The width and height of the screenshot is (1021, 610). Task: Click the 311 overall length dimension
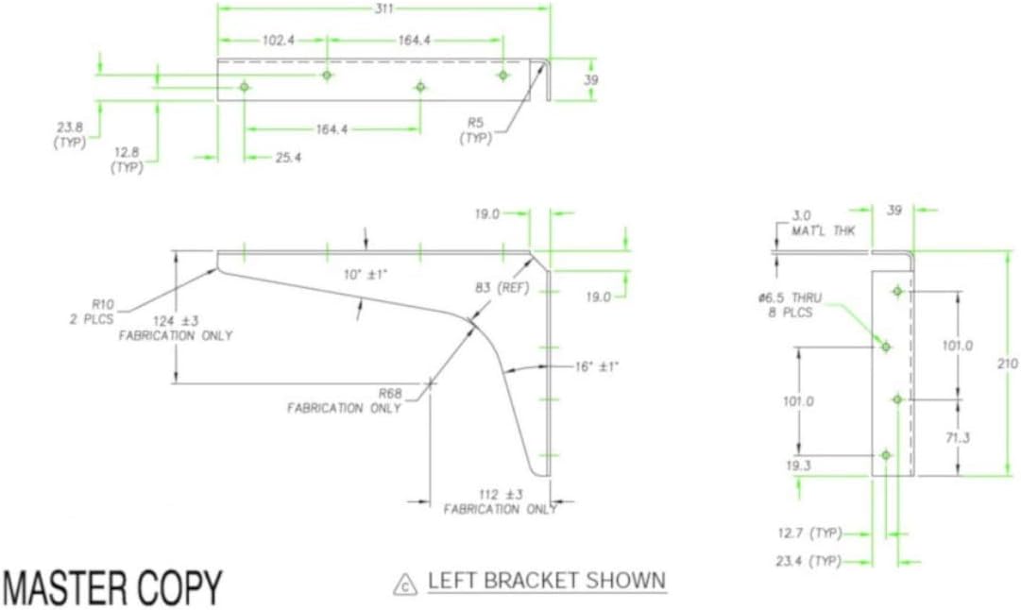(x=383, y=8)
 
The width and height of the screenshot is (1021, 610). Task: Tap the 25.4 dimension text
(x=288, y=158)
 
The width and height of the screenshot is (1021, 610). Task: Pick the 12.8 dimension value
(x=127, y=152)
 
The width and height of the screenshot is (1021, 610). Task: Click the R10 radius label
(x=102, y=304)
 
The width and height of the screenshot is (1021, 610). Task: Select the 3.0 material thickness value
(x=801, y=216)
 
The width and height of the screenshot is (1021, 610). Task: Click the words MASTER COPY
(x=112, y=588)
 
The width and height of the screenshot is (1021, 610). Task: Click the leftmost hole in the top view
(x=245, y=87)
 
